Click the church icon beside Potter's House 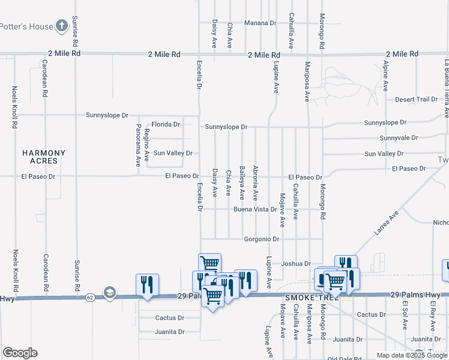click(61, 26)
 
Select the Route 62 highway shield click(89, 297)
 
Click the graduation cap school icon click(109, 292)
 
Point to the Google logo click(20, 353)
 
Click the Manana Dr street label click(260, 23)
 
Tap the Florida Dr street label click(165, 124)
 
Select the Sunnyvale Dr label click(399, 138)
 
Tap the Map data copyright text click(412, 355)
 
